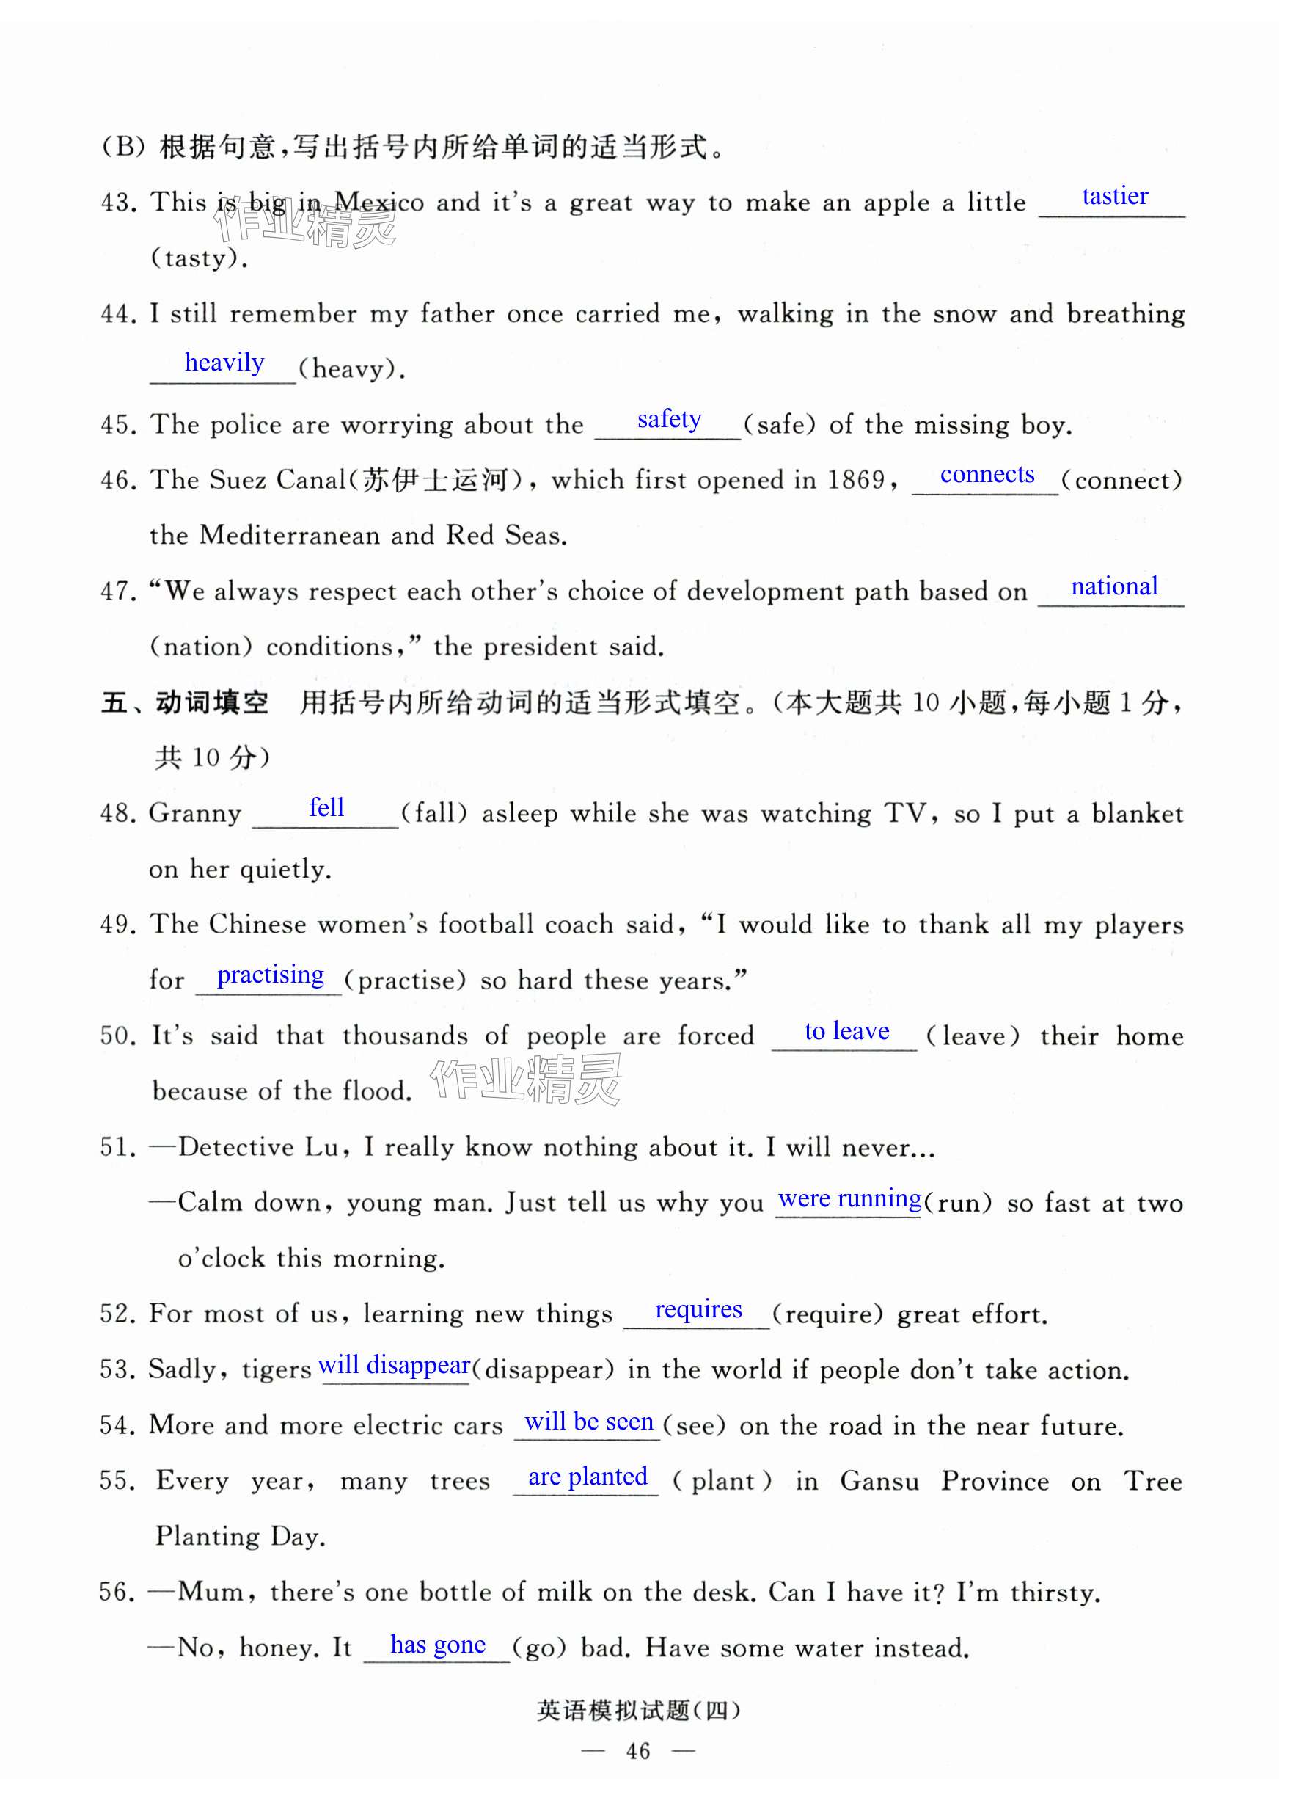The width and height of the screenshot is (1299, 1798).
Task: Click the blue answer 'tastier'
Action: click(1114, 196)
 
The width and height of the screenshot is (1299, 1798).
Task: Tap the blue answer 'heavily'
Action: click(224, 363)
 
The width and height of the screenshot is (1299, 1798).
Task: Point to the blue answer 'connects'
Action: click(987, 474)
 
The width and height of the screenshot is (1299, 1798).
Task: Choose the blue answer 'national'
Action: click(1113, 586)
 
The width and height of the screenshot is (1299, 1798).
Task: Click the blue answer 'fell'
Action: click(326, 808)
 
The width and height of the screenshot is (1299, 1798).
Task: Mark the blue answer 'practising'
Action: click(270, 975)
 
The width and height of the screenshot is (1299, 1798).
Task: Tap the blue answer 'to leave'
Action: click(846, 1030)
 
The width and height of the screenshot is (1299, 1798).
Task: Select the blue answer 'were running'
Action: click(849, 1198)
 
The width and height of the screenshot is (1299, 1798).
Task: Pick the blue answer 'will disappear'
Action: click(394, 1364)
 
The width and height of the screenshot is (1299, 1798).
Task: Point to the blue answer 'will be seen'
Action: click(588, 1421)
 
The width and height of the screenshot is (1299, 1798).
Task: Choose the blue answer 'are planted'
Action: click(588, 1476)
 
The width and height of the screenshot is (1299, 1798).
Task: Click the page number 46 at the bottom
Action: click(638, 1750)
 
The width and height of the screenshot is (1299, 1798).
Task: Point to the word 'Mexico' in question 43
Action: click(378, 203)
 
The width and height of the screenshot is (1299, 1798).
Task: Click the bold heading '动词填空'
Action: click(212, 702)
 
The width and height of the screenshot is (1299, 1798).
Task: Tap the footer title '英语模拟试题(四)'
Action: click(638, 1710)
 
